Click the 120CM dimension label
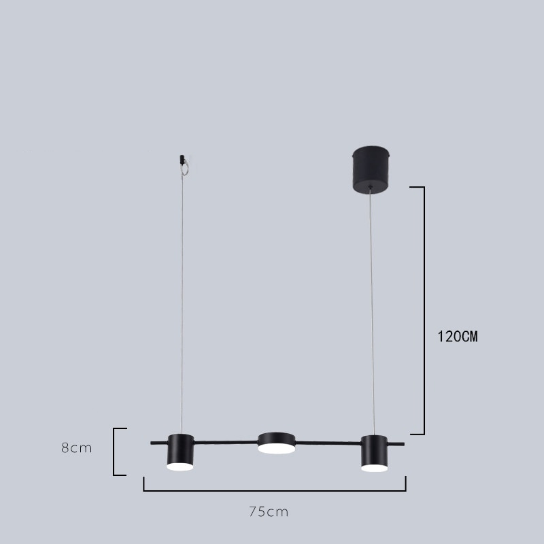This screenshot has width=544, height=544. pyautogui.click(x=457, y=336)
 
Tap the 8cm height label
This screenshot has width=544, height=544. pyautogui.click(x=76, y=448)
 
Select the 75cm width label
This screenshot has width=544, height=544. pyautogui.click(x=268, y=511)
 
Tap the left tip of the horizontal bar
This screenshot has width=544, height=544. pyautogui.click(x=152, y=443)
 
